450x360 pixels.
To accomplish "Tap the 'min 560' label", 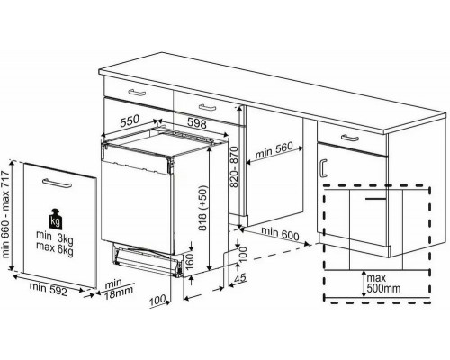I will [277, 148].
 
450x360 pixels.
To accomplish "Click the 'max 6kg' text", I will [55, 250].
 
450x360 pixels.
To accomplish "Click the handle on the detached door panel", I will [58, 183].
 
